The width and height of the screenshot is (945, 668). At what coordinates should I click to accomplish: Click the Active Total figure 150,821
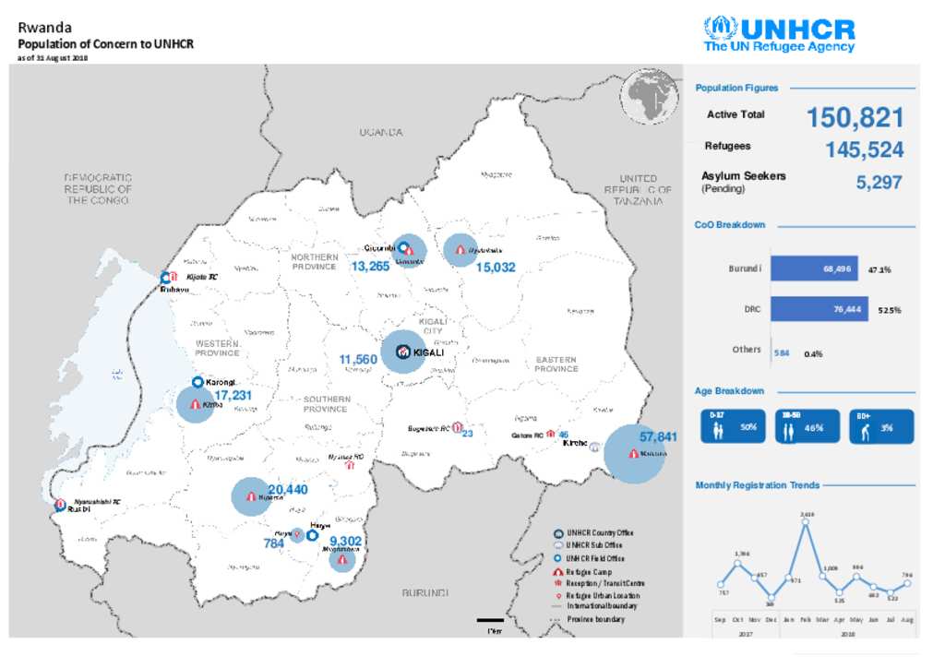click(855, 118)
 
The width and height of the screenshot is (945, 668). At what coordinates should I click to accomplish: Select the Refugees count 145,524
click(864, 149)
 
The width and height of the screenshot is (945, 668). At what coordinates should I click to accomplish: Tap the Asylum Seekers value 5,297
click(879, 183)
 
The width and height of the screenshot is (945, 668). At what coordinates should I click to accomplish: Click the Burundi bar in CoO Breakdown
click(814, 268)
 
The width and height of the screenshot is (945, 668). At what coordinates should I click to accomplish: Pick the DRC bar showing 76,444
click(819, 309)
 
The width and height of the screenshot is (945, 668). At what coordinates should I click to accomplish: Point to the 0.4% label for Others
click(813, 353)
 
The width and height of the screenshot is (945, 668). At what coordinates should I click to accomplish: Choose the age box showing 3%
click(882, 427)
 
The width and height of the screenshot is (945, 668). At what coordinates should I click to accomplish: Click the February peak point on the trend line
click(807, 522)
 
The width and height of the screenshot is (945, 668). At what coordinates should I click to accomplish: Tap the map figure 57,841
click(658, 436)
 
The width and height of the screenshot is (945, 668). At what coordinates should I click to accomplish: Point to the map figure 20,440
click(287, 489)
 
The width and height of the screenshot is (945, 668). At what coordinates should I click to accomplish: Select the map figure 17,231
click(233, 395)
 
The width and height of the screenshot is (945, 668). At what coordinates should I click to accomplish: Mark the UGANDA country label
click(381, 133)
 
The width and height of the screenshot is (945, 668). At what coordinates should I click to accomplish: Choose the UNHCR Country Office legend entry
click(599, 533)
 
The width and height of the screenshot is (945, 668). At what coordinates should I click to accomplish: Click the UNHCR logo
click(779, 34)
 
